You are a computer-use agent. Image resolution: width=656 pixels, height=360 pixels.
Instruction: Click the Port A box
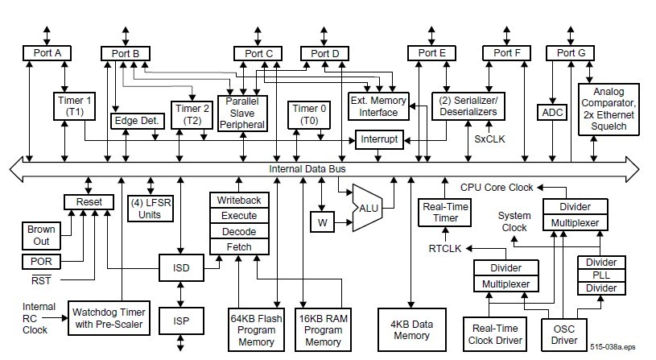point(47,53)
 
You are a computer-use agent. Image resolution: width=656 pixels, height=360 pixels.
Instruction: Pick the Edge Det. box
point(138,121)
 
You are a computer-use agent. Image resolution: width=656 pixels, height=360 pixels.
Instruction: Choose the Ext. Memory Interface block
point(378,105)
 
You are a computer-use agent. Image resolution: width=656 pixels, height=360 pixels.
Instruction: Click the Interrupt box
point(379,140)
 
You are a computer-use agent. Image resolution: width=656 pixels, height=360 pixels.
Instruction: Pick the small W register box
point(321,221)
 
